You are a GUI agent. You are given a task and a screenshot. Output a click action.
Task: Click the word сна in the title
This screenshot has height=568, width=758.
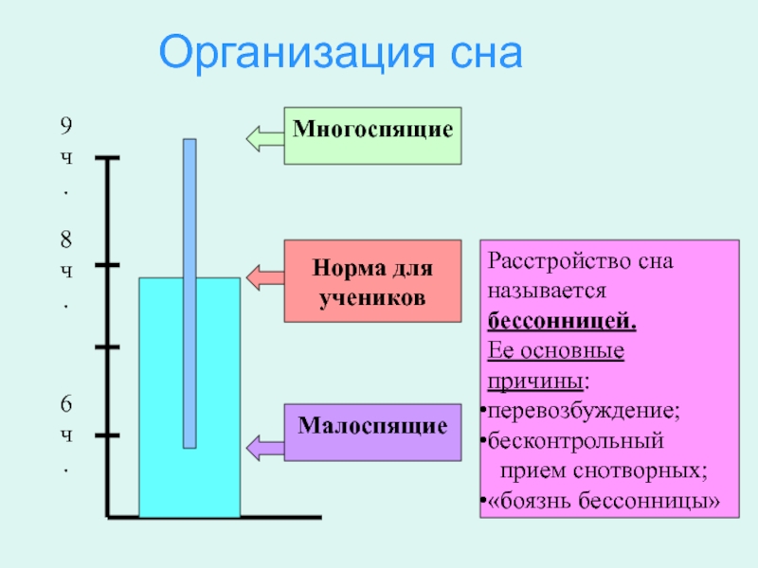[x=476, y=52]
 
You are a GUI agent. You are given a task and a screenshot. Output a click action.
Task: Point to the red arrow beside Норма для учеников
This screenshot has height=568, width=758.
[x=264, y=276]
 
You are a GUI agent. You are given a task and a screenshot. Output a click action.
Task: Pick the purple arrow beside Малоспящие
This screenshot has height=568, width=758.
[x=264, y=445]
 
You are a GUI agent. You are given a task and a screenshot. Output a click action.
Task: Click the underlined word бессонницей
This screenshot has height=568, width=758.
[x=562, y=320]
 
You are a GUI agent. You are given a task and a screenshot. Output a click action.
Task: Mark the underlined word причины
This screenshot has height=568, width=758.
[x=535, y=381]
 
